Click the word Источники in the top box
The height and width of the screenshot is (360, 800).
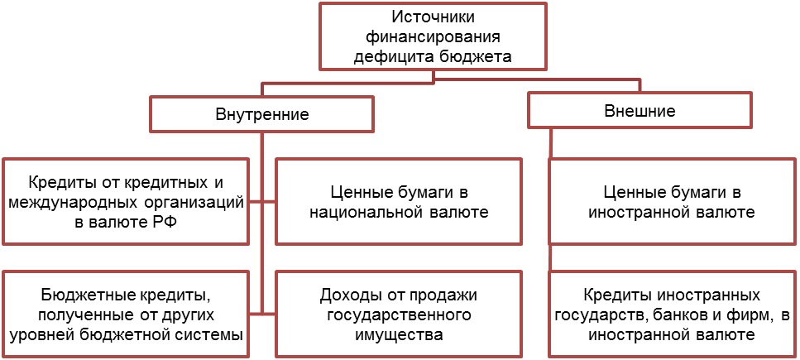[433, 17]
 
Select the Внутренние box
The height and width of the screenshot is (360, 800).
[261, 114]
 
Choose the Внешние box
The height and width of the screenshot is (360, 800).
[640, 110]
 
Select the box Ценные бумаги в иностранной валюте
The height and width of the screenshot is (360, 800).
[671, 202]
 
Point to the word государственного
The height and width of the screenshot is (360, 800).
[400, 315]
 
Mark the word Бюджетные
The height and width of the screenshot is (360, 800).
[82, 295]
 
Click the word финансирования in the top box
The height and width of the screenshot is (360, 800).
[433, 37]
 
